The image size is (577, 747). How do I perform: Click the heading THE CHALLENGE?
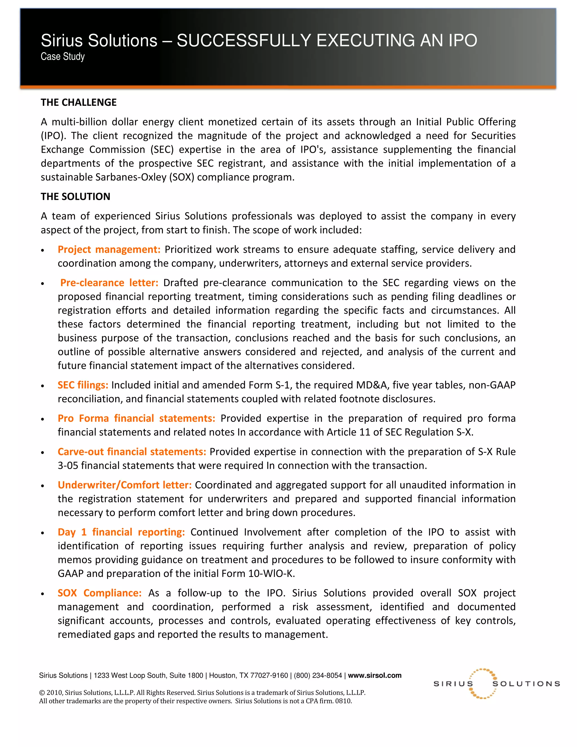pos(79,102)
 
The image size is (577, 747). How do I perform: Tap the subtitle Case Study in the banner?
pos(63,56)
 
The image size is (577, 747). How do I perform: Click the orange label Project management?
pos(109,249)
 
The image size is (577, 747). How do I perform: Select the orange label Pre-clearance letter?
pos(109,282)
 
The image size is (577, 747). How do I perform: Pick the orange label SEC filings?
pos(83,385)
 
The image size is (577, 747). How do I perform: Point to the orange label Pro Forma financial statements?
pos(136,418)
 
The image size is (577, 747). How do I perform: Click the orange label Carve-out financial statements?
pos(132,452)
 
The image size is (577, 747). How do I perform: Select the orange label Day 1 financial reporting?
pos(121,532)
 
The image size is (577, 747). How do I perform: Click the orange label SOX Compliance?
pos(99,593)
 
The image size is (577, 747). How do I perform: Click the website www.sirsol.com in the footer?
pos(374,675)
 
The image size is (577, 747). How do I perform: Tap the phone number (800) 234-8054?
pos(318,675)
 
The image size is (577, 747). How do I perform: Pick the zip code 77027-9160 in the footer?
pos(269,675)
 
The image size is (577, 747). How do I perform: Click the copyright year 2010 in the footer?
pos(54,693)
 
